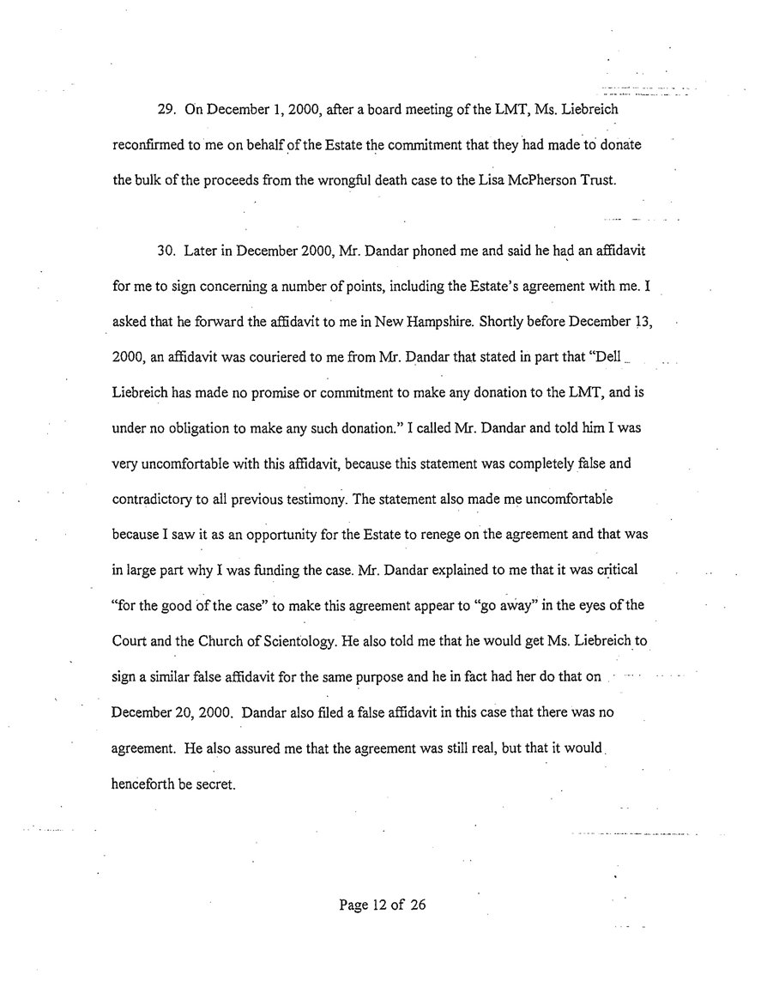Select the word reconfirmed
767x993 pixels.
point(150,146)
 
